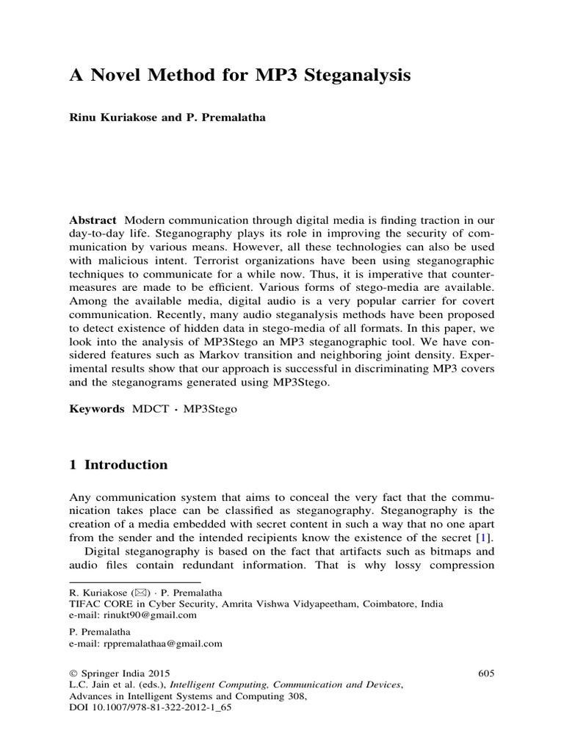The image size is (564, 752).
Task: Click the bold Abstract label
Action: (x=93, y=220)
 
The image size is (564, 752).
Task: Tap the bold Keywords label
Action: (x=97, y=410)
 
